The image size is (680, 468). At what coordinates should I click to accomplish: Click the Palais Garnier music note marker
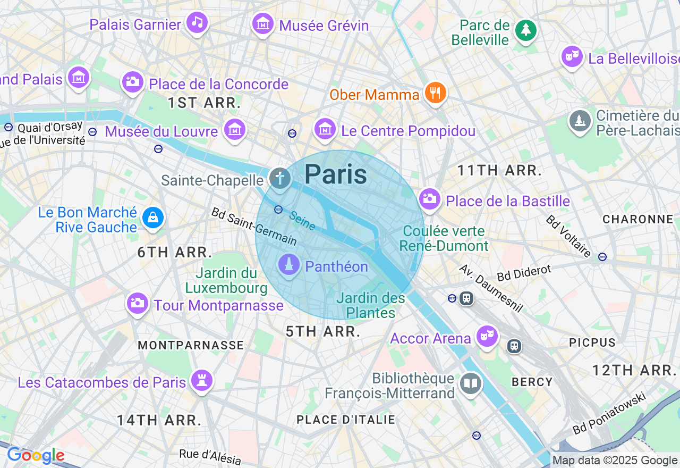197,22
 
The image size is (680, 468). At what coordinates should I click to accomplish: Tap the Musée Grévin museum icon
263,24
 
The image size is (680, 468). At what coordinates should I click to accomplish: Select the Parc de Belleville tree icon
526,30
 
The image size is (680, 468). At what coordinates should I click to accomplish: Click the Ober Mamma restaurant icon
435,93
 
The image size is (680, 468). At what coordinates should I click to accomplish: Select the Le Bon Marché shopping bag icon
153,218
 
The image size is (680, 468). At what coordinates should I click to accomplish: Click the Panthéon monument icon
289,265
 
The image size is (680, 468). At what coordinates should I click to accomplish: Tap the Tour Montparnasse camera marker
137,303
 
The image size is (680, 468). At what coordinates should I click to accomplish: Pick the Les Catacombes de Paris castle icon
202,380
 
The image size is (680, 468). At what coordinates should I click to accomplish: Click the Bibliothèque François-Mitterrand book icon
471,383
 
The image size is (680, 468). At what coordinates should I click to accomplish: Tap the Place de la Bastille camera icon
429,199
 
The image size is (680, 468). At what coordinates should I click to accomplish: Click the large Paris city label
336,174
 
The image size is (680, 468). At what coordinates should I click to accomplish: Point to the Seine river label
302,221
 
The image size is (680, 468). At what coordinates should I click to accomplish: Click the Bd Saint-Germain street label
253,226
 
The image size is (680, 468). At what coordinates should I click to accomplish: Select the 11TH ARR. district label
499,171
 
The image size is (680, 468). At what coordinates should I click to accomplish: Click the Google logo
36,456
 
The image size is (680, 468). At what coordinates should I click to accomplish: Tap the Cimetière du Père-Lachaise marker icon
580,121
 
